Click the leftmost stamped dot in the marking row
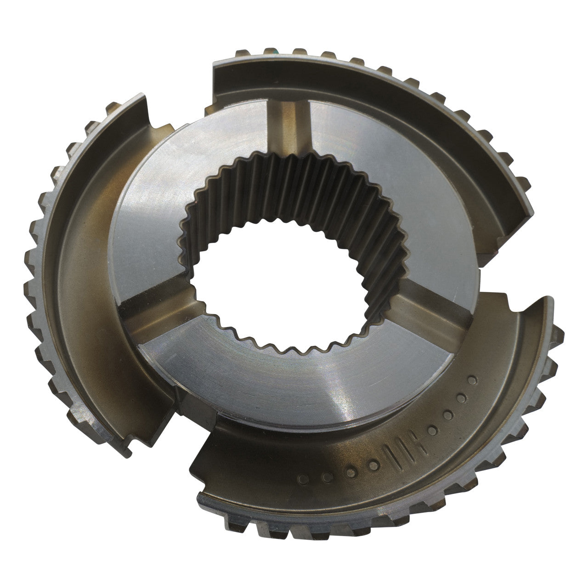[303, 480]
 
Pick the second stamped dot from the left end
[327, 478]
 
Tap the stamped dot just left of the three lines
[374, 466]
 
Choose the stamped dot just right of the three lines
[432, 431]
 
